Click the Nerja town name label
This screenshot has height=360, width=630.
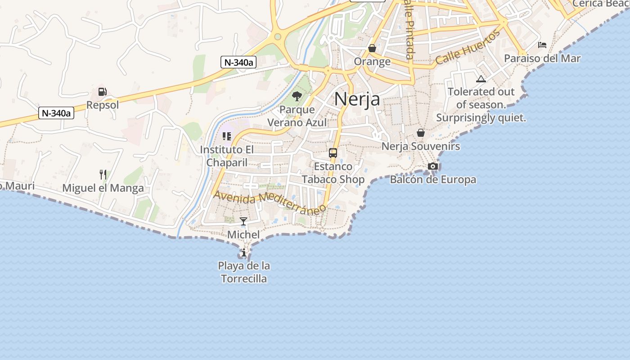pyautogui.click(x=357, y=99)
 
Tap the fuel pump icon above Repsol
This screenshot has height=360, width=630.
pyautogui.click(x=103, y=92)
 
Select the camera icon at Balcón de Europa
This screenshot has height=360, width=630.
pyautogui.click(x=433, y=166)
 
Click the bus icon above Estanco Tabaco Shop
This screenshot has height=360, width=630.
pyautogui.click(x=333, y=153)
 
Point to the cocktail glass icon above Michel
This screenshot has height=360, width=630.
pyautogui.click(x=243, y=221)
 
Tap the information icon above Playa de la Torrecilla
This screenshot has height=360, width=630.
pyautogui.click(x=244, y=253)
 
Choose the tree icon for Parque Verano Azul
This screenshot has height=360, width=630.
pyautogui.click(x=297, y=96)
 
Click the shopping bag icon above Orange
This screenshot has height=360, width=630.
pyautogui.click(x=372, y=48)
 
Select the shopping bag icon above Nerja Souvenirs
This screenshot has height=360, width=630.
pyautogui.click(x=421, y=133)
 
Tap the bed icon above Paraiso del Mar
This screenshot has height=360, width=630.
pyautogui.click(x=542, y=45)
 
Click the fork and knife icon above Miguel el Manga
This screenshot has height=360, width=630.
pyautogui.click(x=103, y=174)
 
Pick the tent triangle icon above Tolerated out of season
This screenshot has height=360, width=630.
pyautogui.click(x=481, y=79)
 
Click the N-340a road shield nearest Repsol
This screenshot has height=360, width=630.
pyautogui.click(x=56, y=113)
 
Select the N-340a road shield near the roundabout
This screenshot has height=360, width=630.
pyautogui.click(x=238, y=62)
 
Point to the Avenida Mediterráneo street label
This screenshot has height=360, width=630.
pyautogui.click(x=270, y=202)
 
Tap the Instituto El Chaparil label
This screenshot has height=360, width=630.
pyautogui.click(x=227, y=156)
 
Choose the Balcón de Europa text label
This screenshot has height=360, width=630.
pyautogui.click(x=433, y=180)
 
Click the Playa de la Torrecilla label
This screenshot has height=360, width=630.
pyautogui.click(x=244, y=272)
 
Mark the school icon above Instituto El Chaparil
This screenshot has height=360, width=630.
pyautogui.click(x=227, y=136)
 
